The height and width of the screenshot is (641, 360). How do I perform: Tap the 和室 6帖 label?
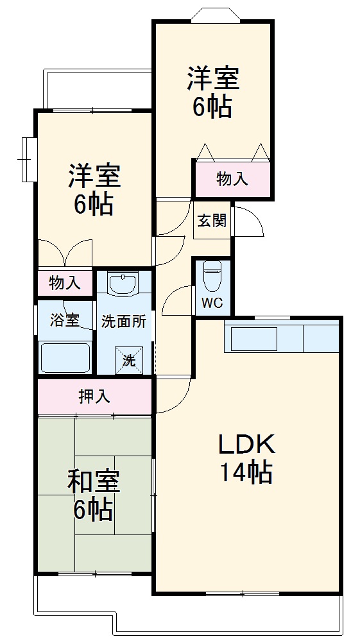point(94,495)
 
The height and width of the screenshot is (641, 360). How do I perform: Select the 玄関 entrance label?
point(211,221)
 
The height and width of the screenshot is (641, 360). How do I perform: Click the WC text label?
point(212,303)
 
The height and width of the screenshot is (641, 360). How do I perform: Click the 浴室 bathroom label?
point(65,321)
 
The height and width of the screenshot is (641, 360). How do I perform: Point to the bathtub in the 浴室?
point(65,357)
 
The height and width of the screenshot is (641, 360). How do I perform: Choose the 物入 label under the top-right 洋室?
point(232,179)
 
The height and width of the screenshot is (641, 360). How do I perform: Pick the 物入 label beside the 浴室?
point(65,282)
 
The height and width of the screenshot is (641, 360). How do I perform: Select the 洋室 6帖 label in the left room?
point(94,190)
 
